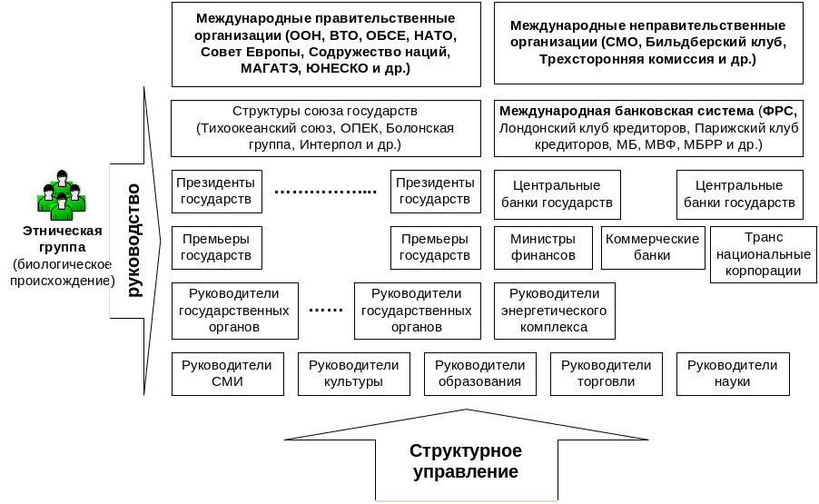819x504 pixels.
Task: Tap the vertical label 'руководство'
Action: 133,241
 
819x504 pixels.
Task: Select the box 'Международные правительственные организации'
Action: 325,44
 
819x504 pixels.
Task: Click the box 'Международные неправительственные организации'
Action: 647,44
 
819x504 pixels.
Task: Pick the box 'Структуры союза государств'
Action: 325,127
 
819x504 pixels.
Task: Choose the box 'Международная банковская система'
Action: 647,127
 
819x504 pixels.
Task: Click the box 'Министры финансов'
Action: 543,247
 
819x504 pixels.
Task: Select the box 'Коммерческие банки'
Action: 652,247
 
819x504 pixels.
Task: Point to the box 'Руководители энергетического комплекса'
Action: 554,311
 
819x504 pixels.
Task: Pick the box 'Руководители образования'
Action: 479,373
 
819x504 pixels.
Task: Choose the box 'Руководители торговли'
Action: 606,373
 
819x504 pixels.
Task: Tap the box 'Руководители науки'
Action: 732,373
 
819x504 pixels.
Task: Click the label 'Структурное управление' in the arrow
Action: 465,462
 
